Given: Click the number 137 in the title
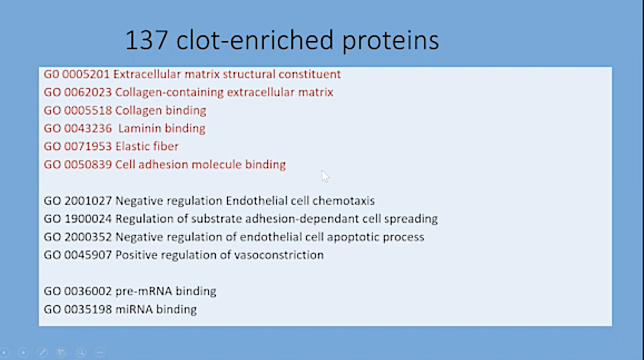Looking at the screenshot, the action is (x=147, y=40).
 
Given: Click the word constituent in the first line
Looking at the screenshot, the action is (x=309, y=74).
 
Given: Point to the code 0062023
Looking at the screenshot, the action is (x=88, y=93).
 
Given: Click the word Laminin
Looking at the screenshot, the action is (x=139, y=128).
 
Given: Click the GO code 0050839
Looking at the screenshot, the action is (x=88, y=165).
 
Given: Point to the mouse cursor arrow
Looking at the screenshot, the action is (x=325, y=176).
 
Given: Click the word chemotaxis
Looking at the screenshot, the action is (x=343, y=201).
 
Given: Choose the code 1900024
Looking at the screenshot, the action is (x=88, y=219).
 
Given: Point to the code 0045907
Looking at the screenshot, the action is (x=88, y=255).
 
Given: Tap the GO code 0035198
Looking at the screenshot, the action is (x=88, y=310).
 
